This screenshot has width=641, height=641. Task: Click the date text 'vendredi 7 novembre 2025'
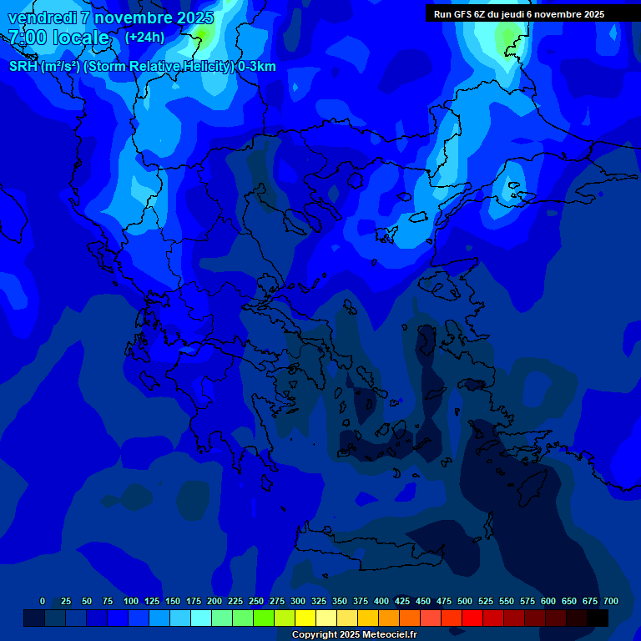coord(111,18)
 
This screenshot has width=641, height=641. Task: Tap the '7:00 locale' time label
coord(58,38)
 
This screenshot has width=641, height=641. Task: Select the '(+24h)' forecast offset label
coord(144,37)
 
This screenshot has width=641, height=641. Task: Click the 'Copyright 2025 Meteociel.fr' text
coord(355,634)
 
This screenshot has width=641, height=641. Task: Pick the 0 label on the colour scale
coord(43,601)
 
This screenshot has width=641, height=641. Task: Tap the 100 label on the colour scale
coord(131,601)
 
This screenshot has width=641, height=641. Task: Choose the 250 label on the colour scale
coord(256,601)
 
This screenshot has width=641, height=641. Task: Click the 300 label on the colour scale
coord(298,601)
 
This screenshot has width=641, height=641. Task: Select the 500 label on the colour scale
coord(465,601)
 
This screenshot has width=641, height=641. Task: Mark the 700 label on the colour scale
coord(611,601)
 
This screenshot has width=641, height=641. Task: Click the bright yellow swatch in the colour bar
coord(305,618)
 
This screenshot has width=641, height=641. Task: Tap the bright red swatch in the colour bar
coord(472,618)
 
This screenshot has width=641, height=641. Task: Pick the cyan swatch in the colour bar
coord(201,618)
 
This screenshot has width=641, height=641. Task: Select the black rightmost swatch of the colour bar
coord(598,618)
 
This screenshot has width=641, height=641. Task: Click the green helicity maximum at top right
coord(507,38)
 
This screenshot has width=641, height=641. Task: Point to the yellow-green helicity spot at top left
coord(201,33)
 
